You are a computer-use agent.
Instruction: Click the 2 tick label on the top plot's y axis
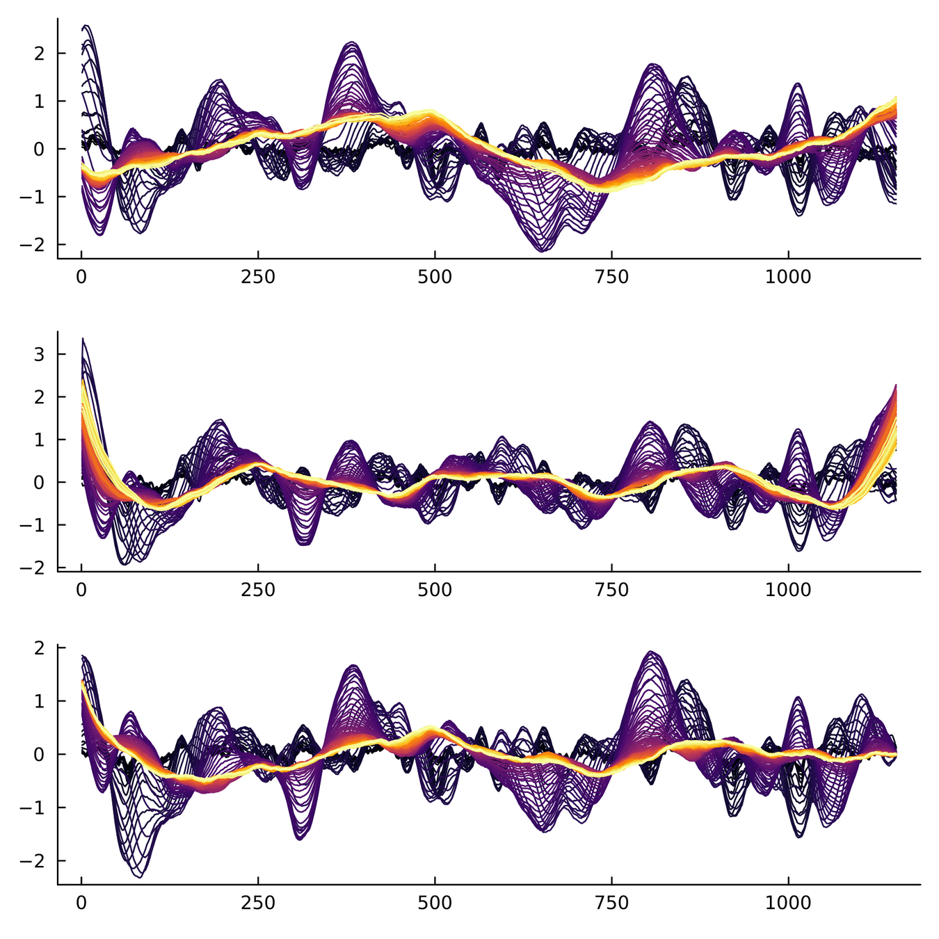click(41, 54)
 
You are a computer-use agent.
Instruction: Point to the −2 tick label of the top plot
click(36, 244)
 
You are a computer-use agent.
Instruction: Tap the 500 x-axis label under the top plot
click(435, 277)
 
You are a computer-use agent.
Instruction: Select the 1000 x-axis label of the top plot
click(788, 277)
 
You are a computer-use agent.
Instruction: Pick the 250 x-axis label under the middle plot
click(258, 590)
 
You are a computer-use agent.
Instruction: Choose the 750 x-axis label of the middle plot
click(611, 590)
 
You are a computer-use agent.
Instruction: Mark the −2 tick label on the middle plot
click(36, 568)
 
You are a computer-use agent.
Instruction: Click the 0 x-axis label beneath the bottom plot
click(81, 903)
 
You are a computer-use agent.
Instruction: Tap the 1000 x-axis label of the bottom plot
click(788, 903)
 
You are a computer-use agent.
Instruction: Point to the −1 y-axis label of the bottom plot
click(36, 808)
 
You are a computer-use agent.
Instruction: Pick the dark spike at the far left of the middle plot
click(83, 339)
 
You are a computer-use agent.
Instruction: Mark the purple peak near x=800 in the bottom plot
click(651, 652)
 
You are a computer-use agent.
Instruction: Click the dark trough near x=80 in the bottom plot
click(138, 876)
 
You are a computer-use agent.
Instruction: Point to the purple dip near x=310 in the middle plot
click(303, 544)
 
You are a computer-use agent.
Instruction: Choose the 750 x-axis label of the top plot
click(611, 277)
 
